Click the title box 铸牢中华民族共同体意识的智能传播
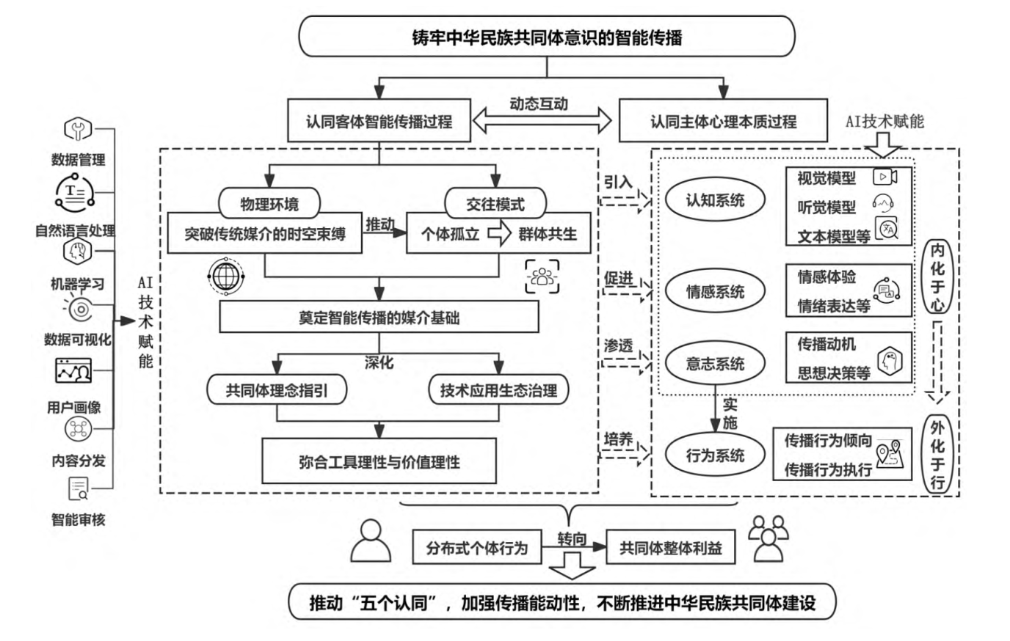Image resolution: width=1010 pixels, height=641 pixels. coord(547,37)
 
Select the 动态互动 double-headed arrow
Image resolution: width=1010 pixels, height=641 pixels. coord(542,121)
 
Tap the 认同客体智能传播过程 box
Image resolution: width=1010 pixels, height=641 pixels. coord(379,122)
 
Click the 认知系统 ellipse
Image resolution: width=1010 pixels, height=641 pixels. coord(715,199)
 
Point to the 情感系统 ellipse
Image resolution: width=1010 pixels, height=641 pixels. coord(715,291)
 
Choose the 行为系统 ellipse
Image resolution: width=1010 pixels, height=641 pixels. coord(715,455)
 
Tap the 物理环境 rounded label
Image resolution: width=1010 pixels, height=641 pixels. coord(269,203)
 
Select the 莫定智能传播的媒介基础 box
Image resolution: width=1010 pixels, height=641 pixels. coord(379,318)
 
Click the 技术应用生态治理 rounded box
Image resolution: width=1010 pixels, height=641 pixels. coord(498,390)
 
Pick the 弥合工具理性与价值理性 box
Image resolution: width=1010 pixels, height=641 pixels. coord(379,461)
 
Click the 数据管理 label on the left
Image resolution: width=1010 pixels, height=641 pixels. coord(78,159)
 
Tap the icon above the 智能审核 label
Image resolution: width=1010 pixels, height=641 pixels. coord(78,488)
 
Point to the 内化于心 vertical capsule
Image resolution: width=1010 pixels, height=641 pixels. coord(937,276)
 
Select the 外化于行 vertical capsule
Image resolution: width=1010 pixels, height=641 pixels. coord(937,453)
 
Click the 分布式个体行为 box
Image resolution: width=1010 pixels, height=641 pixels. coord(477,547)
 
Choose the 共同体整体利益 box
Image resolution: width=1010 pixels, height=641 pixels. coord(670,547)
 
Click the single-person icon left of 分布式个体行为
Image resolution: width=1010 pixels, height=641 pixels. coord(371,541)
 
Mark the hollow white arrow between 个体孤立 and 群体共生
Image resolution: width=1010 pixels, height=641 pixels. coord(499,234)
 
